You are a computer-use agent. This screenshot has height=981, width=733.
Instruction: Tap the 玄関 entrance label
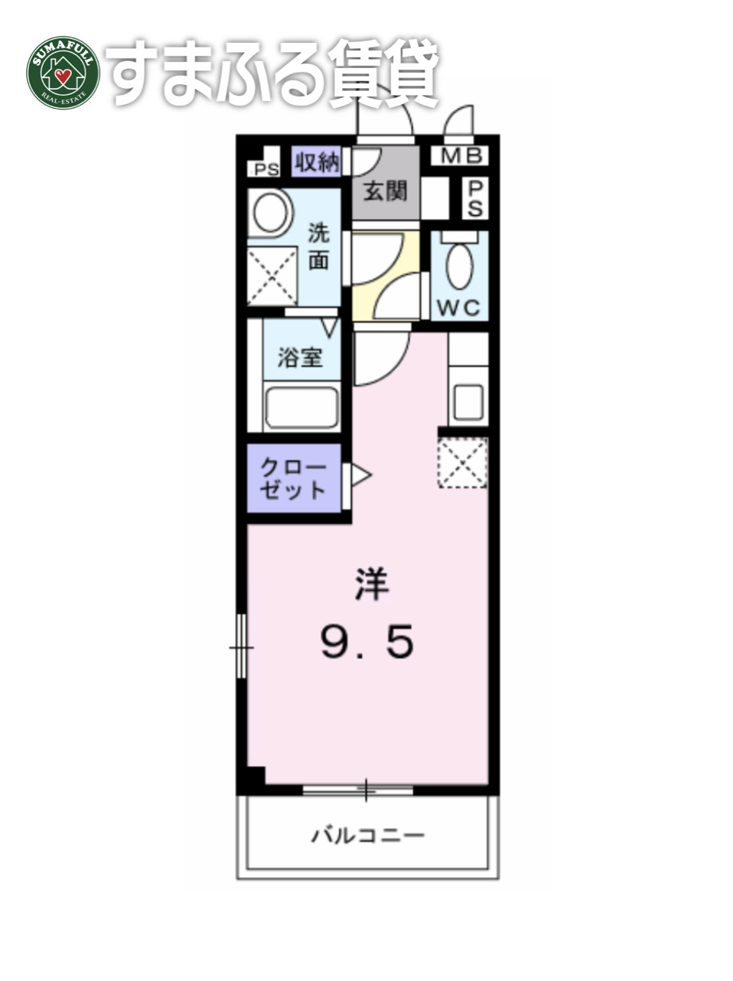pos(385,191)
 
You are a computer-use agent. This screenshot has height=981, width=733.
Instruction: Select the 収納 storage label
pos(318,162)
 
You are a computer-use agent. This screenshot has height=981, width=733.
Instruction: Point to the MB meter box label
pos(463,157)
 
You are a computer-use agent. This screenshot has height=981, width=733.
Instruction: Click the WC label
pos(458,308)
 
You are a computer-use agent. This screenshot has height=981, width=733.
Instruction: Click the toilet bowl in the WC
pos(459,266)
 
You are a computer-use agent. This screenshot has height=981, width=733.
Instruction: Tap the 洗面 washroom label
pos(318,246)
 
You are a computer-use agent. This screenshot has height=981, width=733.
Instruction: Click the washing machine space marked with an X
pos(272,275)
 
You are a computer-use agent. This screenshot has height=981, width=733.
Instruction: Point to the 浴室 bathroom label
pos(299,357)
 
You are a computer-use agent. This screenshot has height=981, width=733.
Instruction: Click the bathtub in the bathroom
pos(301,408)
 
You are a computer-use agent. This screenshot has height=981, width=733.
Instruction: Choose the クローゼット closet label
pos(293,478)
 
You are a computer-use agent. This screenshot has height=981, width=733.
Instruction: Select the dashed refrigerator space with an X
pos(462,462)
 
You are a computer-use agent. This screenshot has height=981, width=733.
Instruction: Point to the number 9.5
pos(367,641)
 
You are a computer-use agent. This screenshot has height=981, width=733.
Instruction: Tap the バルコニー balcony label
pos(367,834)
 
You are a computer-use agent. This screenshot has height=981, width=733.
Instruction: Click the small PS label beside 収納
pos(266,170)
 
